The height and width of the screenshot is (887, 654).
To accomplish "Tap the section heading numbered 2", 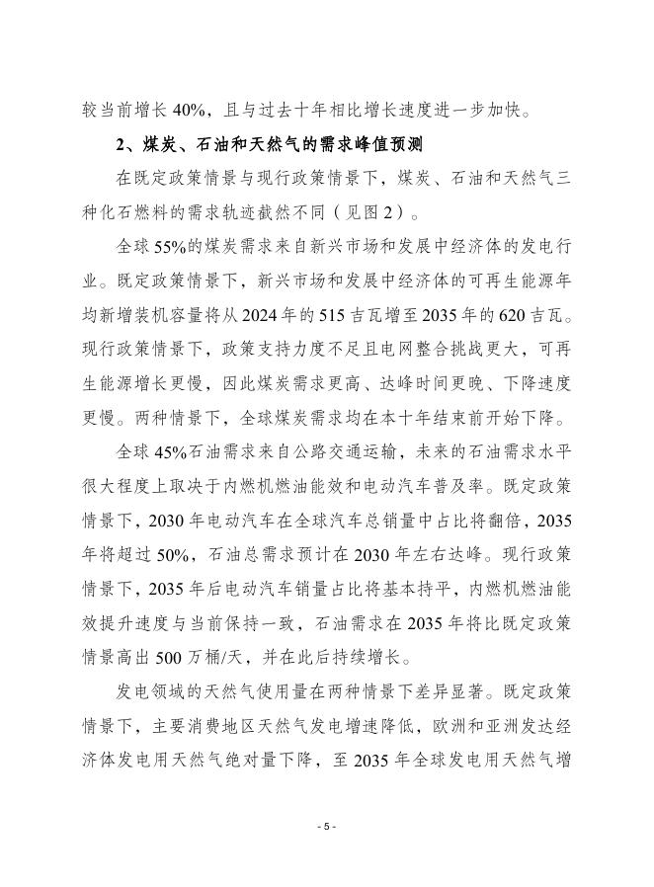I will (x=269, y=146).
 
